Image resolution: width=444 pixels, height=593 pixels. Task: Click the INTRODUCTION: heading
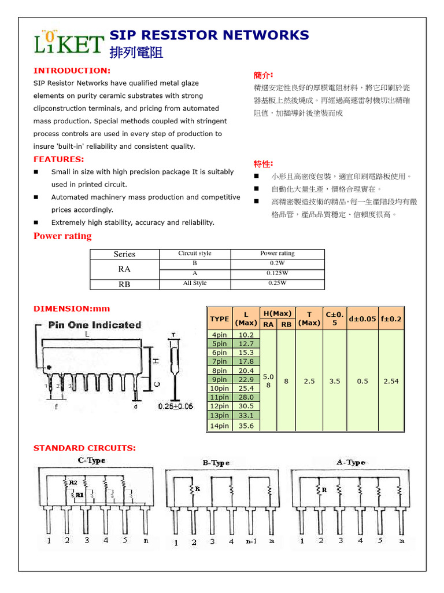pos(72,71)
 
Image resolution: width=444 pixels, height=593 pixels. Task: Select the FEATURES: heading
pos(59,159)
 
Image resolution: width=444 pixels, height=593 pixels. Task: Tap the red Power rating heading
pos(62,236)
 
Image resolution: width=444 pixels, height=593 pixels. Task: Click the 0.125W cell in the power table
pos(277,273)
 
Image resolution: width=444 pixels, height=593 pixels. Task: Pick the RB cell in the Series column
pos(124,284)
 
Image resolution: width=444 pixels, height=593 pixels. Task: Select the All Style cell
pos(195,283)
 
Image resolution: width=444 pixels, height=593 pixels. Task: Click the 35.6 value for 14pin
pos(246,426)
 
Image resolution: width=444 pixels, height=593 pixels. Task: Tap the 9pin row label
pos(220,380)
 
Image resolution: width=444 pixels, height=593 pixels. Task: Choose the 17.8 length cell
pos(246,361)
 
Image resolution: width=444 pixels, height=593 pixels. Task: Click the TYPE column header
pos(220,319)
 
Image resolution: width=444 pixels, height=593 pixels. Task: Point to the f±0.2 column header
pos(391,319)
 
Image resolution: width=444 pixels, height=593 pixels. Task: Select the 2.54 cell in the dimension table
pos(391,381)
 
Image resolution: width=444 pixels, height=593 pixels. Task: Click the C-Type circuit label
pos(91,461)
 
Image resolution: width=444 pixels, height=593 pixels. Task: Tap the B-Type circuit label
pos(216,463)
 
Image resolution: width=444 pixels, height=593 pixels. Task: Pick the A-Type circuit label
pos(351,463)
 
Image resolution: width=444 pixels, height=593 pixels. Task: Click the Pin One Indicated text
pos(95,325)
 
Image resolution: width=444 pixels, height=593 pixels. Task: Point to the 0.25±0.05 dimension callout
pos(176,407)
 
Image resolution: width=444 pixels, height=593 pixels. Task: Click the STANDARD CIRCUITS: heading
pos(84,448)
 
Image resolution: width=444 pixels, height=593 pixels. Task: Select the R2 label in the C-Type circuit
pos(73,482)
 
